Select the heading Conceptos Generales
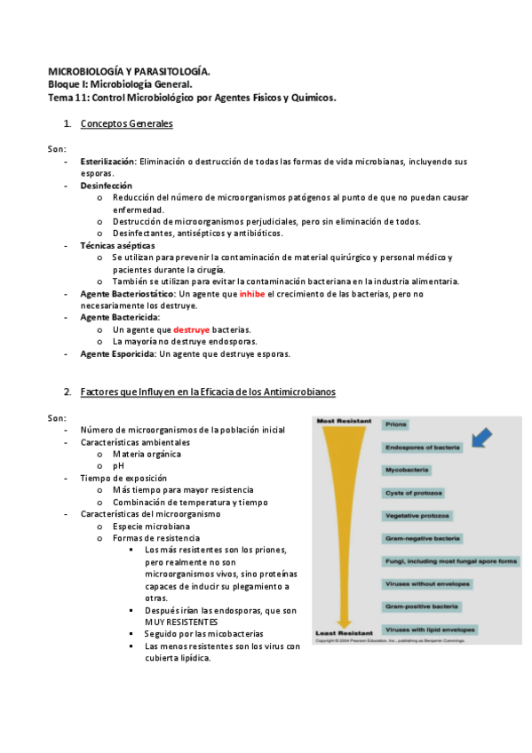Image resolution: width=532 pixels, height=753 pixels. [x=126, y=123]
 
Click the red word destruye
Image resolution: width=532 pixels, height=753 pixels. [x=191, y=329]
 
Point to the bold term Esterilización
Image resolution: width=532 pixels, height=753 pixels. [x=107, y=162]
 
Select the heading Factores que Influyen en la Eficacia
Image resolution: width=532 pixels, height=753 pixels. [x=207, y=392]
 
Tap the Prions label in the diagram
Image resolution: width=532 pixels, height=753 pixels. [x=396, y=424]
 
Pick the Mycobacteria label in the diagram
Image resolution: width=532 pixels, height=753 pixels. [x=408, y=469]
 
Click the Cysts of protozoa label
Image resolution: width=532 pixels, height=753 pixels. [x=414, y=492]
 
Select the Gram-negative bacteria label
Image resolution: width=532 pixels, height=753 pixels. [x=422, y=538]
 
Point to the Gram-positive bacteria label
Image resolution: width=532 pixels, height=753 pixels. [x=422, y=606]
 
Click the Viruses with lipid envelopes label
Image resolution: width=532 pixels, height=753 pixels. [x=431, y=630]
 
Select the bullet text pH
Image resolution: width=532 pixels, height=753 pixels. [x=119, y=465]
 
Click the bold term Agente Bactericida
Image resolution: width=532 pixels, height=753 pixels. [x=120, y=317]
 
